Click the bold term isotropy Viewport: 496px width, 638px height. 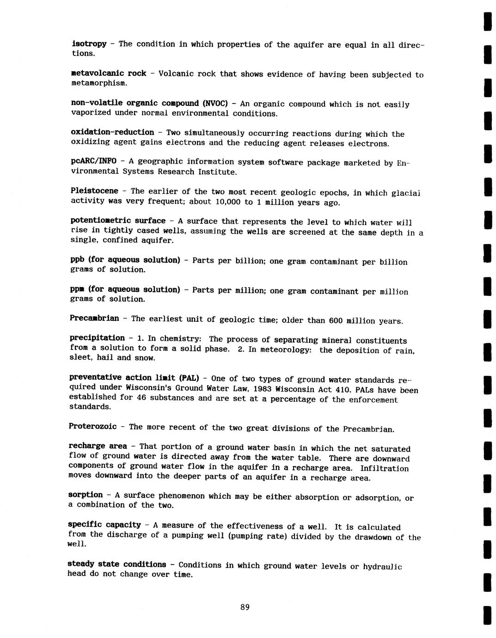(x=89, y=43)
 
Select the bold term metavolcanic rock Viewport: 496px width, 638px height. (x=109, y=73)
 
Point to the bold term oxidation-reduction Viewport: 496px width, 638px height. (x=112, y=132)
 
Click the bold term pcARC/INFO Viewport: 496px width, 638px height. (x=93, y=161)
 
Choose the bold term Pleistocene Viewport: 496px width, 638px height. (x=94, y=190)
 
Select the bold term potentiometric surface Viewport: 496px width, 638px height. (x=118, y=221)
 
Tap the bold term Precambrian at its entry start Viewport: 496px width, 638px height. (x=94, y=318)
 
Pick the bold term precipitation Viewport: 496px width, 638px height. (x=97, y=338)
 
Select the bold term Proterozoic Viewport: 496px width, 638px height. (x=92, y=426)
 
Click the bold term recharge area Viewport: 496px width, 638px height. (x=98, y=446)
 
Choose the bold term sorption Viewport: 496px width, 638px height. (x=86, y=495)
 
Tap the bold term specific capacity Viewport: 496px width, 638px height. (x=104, y=524)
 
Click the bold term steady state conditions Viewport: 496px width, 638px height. (x=116, y=564)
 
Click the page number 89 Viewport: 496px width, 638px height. (x=245, y=607)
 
